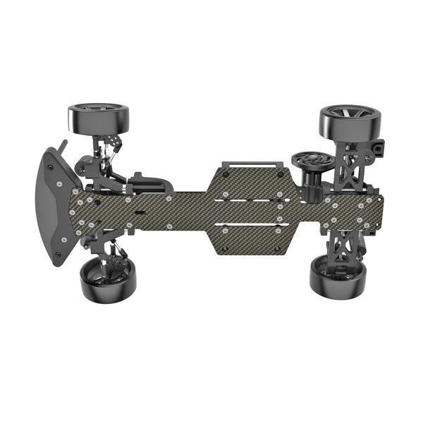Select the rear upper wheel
[x=350, y=121]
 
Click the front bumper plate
[x=51, y=207]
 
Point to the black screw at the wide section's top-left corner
[x=226, y=173]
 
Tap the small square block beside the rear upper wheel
[x=380, y=149]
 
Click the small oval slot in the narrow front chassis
[x=140, y=211]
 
